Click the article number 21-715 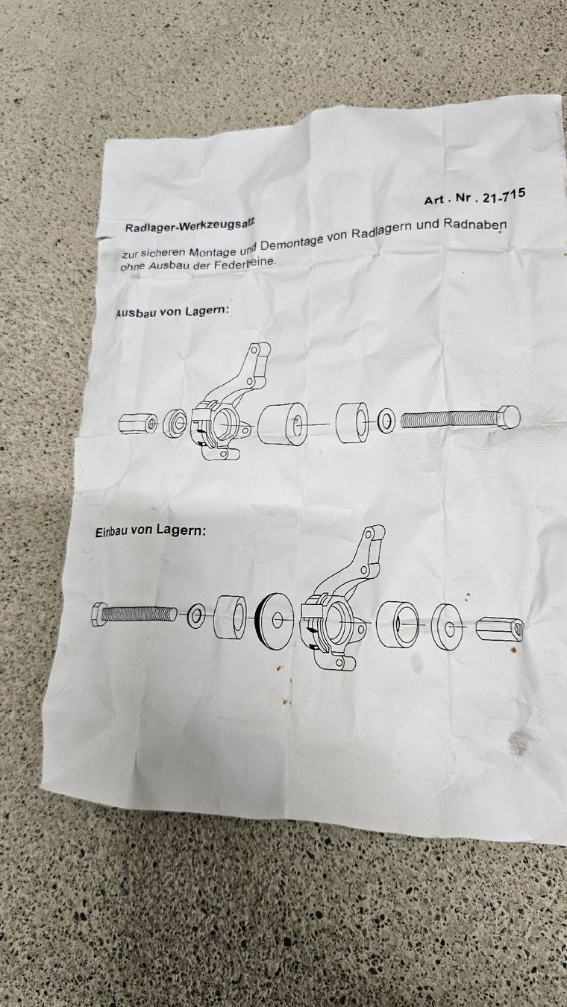pyautogui.click(x=503, y=195)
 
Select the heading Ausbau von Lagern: pyautogui.click(x=174, y=311)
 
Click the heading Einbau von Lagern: pyautogui.click(x=151, y=530)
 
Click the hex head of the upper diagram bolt pyautogui.click(x=508, y=417)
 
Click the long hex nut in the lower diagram pyautogui.click(x=500, y=628)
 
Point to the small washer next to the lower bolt pyautogui.click(x=197, y=616)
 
